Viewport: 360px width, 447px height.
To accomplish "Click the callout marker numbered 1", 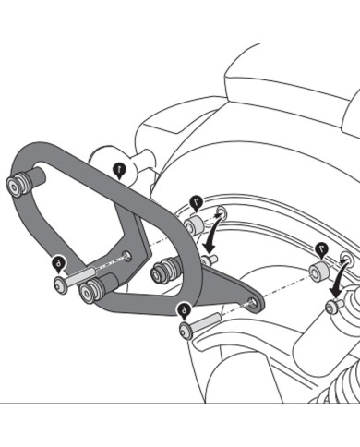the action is (119, 169).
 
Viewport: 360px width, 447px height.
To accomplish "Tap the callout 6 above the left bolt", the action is (60, 262).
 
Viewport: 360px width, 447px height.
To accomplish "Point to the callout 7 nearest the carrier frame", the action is (196, 200).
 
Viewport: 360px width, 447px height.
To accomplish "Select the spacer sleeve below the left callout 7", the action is (194, 226).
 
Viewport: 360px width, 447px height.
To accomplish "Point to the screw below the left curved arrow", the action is (210, 261).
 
